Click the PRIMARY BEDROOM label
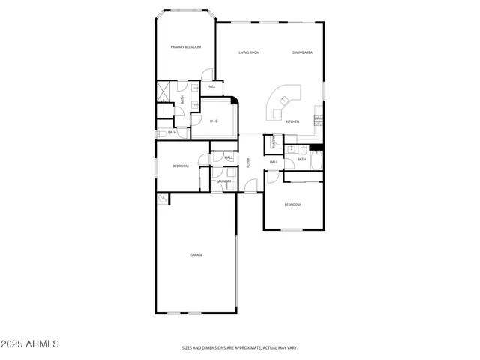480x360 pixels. coord(186,47)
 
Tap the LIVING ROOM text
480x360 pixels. coord(249,52)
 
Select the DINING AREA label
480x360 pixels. coord(303,52)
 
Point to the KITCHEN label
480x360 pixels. coord(292,121)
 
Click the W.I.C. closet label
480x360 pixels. coord(214,121)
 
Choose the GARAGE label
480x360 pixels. coord(196,255)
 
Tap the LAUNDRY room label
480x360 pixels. coord(223,181)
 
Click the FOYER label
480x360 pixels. coord(248,163)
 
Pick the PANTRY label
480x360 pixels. coord(274,141)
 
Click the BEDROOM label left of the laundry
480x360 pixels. coord(181,166)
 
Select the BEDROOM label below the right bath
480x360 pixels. coord(292,205)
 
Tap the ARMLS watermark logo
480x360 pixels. coord(30,343)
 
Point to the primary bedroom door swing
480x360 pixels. coord(206,73)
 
